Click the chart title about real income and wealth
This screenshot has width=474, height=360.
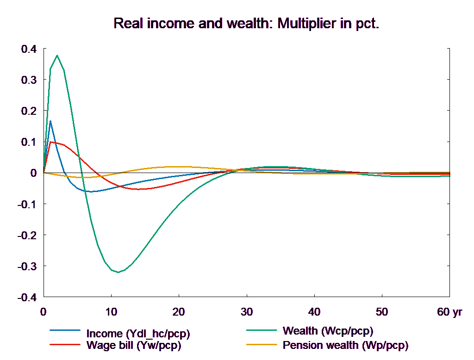tap(246, 24)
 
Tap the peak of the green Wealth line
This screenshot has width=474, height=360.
tap(57, 56)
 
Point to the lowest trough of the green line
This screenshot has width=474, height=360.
tap(118, 272)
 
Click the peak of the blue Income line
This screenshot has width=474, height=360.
tap(50, 121)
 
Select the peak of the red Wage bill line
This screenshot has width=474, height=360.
tap(51, 142)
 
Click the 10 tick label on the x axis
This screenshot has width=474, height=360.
tap(111, 312)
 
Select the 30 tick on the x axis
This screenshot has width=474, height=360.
tap(246, 312)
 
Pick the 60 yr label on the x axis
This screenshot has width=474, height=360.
tap(449, 312)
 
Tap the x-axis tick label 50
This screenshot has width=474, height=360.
tap(382, 312)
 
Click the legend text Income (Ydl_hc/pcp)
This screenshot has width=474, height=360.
tap(138, 334)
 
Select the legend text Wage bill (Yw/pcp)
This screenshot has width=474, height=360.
tap(134, 345)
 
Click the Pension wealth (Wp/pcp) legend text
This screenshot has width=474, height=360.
tap(345, 345)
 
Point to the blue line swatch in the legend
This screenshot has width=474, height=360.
tap(65, 330)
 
